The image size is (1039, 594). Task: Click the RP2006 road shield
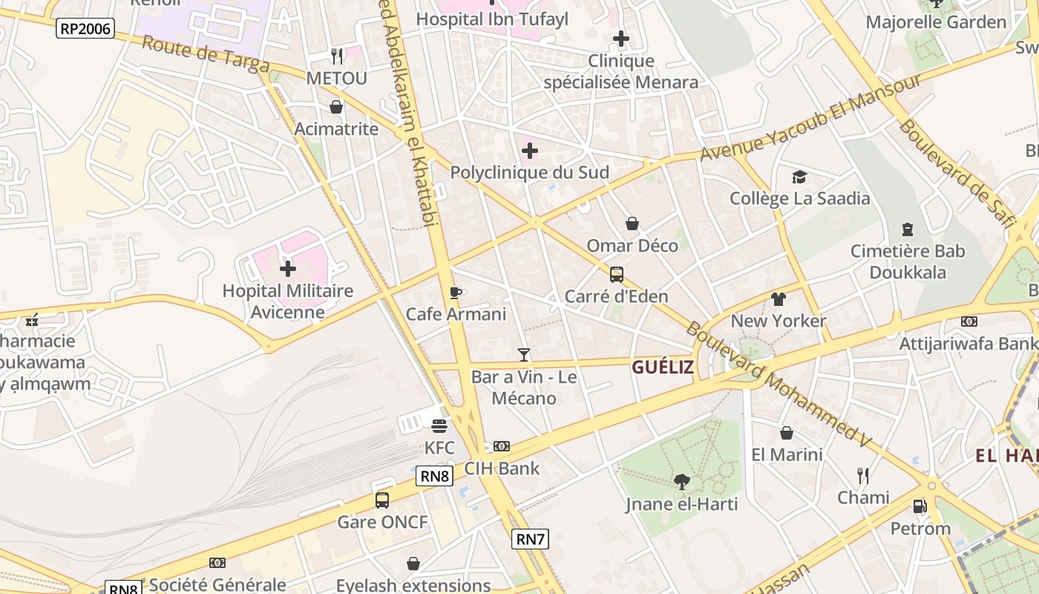point(85,29)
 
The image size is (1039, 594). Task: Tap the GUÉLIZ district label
point(663,367)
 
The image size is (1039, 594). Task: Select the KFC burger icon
point(439,426)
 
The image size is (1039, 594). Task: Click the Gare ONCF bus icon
point(382,500)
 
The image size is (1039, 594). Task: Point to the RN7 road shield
point(531,539)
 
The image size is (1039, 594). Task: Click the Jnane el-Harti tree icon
point(681,482)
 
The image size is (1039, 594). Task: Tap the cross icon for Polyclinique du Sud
point(529,151)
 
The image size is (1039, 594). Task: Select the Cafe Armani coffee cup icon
point(456,293)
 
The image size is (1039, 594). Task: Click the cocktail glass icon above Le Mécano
point(524,355)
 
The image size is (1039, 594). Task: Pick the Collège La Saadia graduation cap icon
point(799,177)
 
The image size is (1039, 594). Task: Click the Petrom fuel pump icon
point(920,506)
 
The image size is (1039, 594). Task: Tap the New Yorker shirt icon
point(778,299)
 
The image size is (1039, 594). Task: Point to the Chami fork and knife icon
point(862,475)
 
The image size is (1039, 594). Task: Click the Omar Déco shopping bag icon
point(632,223)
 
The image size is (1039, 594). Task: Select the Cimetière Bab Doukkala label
point(908,261)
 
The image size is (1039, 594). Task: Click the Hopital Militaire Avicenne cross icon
point(288,269)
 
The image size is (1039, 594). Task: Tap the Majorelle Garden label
point(936,22)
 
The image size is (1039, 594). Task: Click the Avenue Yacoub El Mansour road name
point(810,117)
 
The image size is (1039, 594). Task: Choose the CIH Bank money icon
point(502,446)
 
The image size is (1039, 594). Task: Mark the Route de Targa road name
point(206,54)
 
